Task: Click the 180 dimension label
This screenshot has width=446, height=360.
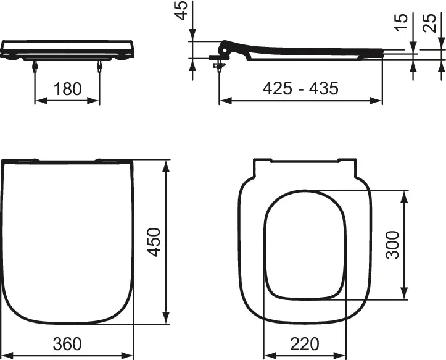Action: (67, 89)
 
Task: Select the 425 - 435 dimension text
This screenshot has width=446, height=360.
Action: (300, 88)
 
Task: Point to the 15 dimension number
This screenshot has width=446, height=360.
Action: (402, 23)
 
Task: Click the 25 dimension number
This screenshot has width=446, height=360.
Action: (431, 23)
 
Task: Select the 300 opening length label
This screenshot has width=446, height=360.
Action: (392, 245)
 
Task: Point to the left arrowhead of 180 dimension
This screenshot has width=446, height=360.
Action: (38, 101)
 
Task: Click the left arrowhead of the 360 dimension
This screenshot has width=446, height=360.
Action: (5, 355)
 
